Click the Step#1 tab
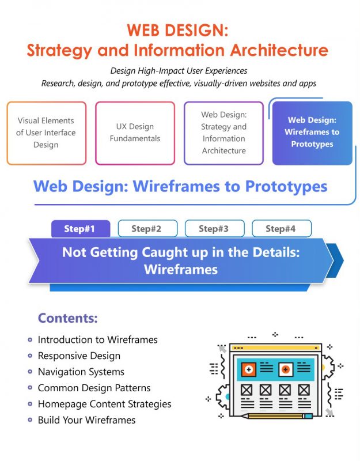[81, 229]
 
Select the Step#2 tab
[146, 229]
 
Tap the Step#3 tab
[214, 229]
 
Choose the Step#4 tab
[281, 229]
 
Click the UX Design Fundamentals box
[135, 133]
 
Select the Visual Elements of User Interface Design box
[46, 133]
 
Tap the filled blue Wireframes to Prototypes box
[312, 133]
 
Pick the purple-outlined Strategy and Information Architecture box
[223, 133]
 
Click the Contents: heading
[67, 318]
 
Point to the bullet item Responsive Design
[79, 356]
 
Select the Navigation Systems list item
[81, 372]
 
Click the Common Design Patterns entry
[94, 388]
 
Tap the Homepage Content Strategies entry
[104, 405]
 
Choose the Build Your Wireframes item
[86, 421]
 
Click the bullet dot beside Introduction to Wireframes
[30, 340]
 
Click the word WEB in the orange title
[142, 31]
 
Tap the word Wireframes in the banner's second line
[180, 269]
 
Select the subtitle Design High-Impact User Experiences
[179, 71]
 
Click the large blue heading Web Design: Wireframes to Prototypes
[180, 187]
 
